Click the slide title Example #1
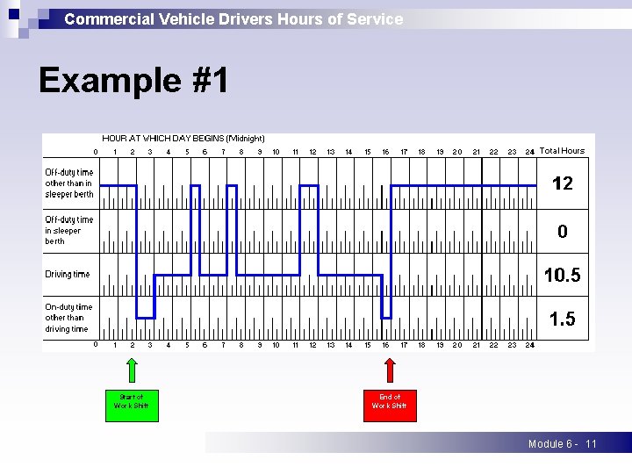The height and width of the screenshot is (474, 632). [133, 81]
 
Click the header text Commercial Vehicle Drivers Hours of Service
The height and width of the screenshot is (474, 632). [233, 18]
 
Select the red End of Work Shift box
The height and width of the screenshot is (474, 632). [390, 405]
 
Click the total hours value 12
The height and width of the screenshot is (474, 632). [562, 183]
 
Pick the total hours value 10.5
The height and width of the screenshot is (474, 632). [562, 276]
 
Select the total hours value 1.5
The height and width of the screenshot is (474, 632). [562, 320]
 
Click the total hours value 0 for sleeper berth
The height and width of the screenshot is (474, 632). [562, 232]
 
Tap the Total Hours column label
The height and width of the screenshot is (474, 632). [562, 151]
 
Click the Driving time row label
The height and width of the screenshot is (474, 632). [68, 275]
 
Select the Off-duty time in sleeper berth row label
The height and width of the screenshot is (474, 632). [68, 230]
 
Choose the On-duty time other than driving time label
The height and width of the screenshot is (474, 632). [68, 318]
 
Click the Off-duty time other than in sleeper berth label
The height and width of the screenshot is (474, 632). [69, 183]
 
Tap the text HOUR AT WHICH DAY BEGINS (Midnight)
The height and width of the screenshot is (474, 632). [183, 139]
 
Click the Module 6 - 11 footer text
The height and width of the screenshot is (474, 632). [562, 444]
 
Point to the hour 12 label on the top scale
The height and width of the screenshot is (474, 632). [312, 152]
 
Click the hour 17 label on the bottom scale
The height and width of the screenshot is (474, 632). [404, 345]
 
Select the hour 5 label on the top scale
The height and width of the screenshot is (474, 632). [187, 152]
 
